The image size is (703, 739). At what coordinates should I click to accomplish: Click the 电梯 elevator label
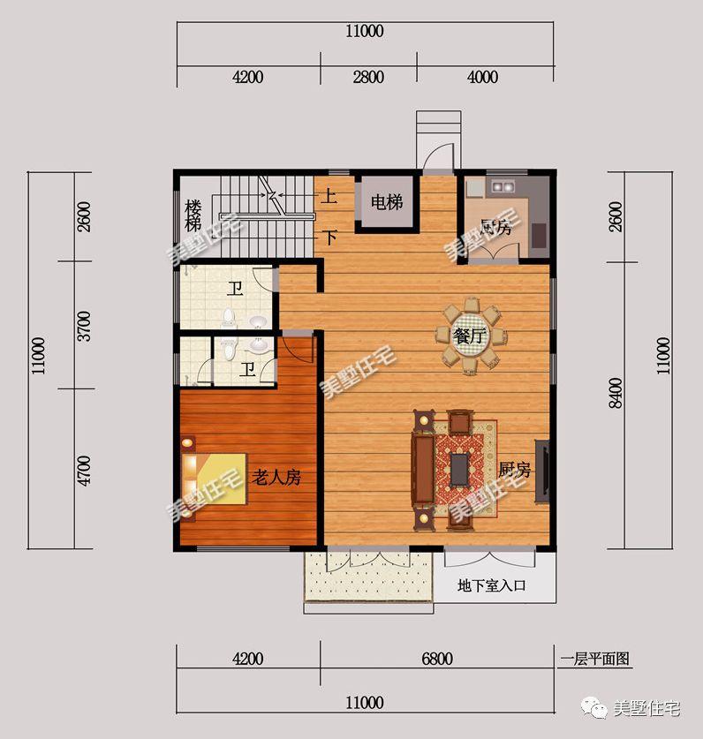387,202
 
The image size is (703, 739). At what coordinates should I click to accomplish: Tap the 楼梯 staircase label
193,215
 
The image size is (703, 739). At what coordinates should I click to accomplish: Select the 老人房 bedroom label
276,478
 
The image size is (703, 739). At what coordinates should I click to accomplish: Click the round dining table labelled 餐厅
470,336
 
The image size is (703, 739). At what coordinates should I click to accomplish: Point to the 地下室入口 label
491,586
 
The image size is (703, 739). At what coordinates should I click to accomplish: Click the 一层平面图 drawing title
594,659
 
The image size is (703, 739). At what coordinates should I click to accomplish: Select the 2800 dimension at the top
368,77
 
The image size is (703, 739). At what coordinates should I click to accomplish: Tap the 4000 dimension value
482,77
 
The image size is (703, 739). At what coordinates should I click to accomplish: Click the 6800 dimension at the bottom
437,659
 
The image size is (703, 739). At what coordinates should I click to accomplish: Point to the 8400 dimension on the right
616,393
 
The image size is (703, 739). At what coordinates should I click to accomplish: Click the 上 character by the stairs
329,196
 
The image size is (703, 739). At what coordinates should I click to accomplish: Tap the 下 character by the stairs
329,237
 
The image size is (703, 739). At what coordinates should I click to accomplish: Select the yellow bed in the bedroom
215,479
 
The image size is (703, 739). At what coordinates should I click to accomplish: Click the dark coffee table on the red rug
458,470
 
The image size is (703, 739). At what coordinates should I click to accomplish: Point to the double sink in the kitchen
502,186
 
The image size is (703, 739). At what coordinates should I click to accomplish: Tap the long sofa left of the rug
423,470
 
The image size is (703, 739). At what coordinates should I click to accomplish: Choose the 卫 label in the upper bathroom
235,289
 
